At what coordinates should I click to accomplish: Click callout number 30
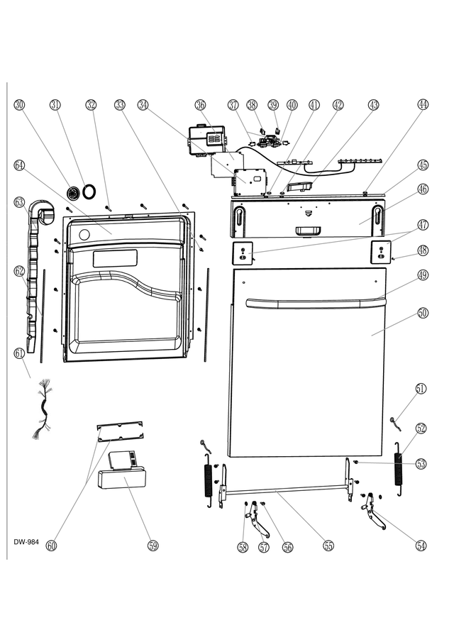point(20,105)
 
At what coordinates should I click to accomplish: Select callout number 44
point(423,105)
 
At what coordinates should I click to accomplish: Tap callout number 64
point(20,165)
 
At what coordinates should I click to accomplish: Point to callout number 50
point(423,313)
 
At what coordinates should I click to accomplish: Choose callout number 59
point(153,546)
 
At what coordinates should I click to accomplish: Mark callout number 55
point(328,546)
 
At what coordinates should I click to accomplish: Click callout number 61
point(20,352)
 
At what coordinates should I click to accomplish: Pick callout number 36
point(201,105)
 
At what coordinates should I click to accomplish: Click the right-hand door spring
point(399,468)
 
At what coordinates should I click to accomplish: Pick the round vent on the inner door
point(84,235)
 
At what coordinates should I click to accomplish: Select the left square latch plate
point(243,253)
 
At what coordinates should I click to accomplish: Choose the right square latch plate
point(381,251)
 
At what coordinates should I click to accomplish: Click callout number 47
point(423,225)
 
